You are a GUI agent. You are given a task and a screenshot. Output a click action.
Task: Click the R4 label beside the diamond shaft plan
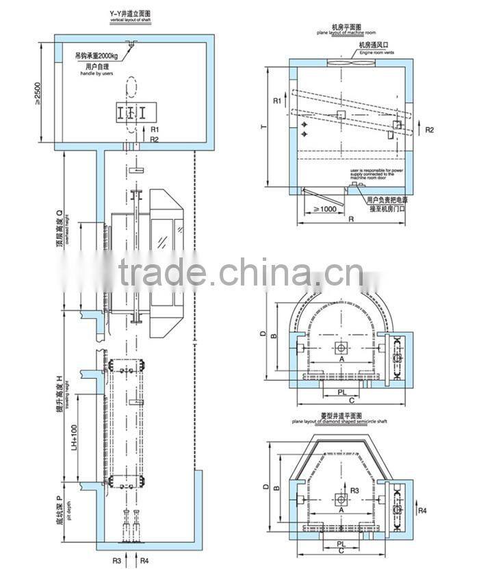point(423,511)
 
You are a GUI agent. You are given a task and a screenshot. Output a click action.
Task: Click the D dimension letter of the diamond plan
point(264,487)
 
